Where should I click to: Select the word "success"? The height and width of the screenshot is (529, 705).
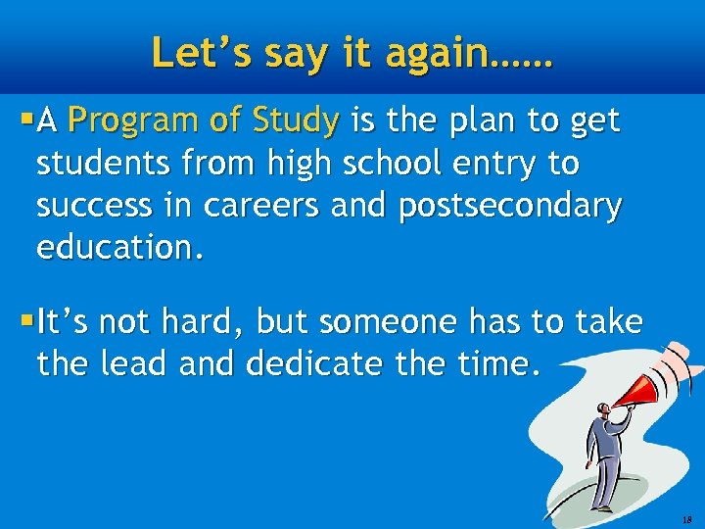point(94,206)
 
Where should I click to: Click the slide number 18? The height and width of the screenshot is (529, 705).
point(686,519)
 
